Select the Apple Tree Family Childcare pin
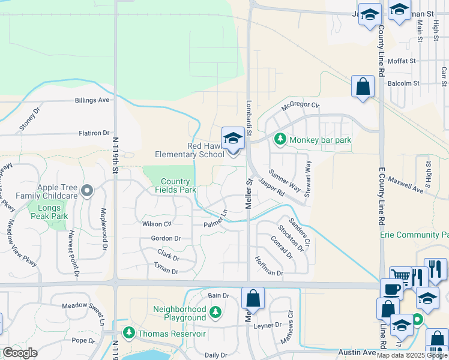tap(88, 191)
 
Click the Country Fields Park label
tap(175, 185)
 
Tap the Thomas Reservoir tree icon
tap(128, 333)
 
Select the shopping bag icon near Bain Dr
tap(253, 299)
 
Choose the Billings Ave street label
tap(92, 101)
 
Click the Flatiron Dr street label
tap(94, 133)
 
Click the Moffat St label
tap(402, 61)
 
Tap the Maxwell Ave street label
tap(405, 179)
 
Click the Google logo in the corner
tap(20, 352)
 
